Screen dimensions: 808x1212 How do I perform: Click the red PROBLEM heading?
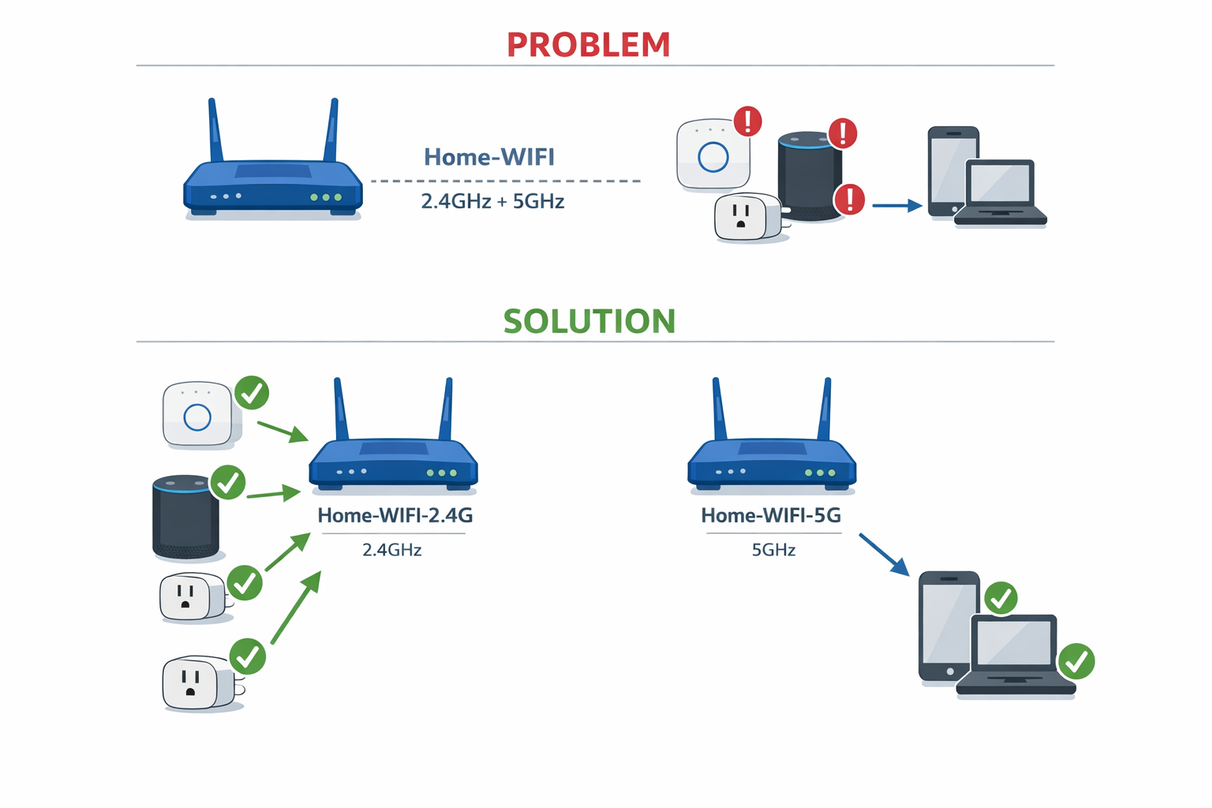588,45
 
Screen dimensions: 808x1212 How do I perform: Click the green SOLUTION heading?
589,321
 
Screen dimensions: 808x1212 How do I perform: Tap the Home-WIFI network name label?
489,157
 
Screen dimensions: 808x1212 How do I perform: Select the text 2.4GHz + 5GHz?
492,201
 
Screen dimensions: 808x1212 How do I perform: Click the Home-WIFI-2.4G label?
395,515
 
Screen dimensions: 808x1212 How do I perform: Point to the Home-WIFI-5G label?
771,515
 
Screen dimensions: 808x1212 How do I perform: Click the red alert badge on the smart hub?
747,122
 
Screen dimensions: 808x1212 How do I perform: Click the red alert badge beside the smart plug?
849,199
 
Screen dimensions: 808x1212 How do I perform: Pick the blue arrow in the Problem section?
896,206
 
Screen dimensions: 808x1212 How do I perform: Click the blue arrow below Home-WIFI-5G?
884,554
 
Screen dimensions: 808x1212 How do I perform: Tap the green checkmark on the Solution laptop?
1076,661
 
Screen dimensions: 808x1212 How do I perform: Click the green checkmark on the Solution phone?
1001,598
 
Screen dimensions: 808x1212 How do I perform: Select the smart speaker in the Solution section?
185,517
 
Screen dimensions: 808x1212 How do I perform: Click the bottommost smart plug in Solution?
193,683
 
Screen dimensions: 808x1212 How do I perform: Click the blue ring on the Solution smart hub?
197,417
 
